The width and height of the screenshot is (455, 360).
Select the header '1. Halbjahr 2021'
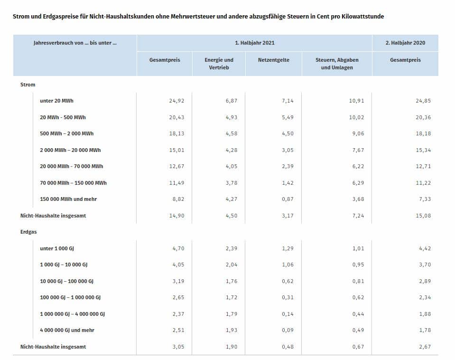coord(254,43)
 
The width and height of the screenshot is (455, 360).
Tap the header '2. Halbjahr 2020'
coord(405,43)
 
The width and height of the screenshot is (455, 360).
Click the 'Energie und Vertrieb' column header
coord(219,64)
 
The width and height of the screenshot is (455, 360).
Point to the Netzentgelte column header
coord(274,60)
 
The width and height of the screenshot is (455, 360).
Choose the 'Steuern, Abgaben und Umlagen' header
coord(337,64)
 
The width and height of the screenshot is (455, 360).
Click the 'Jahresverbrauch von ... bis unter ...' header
coord(75,43)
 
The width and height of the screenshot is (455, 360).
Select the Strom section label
coord(28,85)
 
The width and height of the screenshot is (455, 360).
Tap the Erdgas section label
coord(28,232)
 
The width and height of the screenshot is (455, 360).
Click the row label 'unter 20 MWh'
coord(56,101)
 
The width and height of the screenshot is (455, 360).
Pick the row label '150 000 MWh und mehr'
coord(68,199)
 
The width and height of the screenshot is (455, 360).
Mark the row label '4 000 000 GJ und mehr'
coord(67,330)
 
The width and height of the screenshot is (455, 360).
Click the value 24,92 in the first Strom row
coord(176,101)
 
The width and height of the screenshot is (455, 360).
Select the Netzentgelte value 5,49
coord(288,117)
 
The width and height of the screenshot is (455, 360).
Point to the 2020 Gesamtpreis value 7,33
coord(425,199)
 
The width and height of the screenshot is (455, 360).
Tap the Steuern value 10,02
coord(356,117)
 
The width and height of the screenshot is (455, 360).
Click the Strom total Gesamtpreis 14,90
coord(176,216)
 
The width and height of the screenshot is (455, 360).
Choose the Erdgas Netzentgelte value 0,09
coord(288,330)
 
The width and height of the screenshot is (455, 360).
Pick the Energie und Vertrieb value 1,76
coord(231,281)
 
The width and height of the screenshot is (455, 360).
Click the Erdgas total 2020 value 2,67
coord(425,347)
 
